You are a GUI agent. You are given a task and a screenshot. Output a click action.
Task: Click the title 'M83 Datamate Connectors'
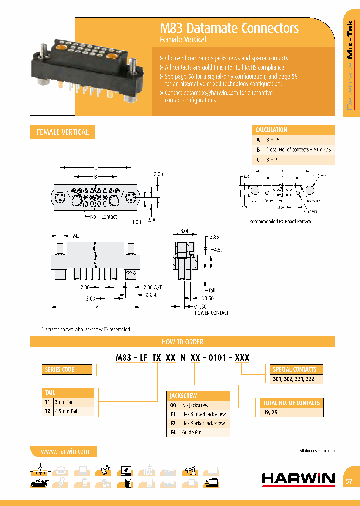[229, 28]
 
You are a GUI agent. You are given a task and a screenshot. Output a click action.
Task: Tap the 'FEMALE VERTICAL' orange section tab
[63, 132]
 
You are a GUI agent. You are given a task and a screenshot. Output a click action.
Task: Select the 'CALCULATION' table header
[272, 130]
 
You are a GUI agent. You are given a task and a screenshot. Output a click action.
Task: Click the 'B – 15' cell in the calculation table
[274, 140]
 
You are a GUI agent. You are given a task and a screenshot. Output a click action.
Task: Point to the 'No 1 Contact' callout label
[104, 217]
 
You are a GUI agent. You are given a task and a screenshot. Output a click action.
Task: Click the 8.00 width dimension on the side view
[184, 231]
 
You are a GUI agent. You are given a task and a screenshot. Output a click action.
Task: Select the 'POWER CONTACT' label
[212, 313]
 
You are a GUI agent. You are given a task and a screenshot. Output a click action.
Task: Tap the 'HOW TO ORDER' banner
[182, 342]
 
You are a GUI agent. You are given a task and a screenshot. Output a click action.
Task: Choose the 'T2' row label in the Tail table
[48, 411]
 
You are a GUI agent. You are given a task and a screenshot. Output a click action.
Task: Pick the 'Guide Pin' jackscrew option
[192, 432]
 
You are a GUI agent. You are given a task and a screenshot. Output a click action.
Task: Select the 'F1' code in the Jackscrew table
[173, 414]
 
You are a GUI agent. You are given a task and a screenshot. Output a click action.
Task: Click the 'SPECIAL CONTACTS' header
[294, 370]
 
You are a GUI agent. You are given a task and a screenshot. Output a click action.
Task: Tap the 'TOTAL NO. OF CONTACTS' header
[292, 403]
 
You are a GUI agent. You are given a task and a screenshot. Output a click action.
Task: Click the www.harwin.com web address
[65, 451]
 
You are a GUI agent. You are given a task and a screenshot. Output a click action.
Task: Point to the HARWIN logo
[298, 479]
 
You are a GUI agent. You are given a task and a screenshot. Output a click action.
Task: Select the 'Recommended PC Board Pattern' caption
[280, 221]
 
